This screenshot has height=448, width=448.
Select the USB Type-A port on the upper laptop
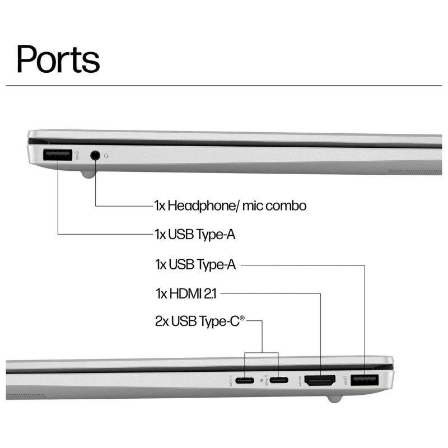tap(58, 155)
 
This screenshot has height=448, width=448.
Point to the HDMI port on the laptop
tap(320, 381)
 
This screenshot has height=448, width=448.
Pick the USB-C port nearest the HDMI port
tap(279, 381)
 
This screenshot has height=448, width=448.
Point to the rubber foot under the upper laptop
tap(87, 174)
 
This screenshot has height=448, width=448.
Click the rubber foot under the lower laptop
tap(334, 399)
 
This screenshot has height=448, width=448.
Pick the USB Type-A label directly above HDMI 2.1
tap(195, 264)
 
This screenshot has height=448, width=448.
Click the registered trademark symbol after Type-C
tap(242, 319)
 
